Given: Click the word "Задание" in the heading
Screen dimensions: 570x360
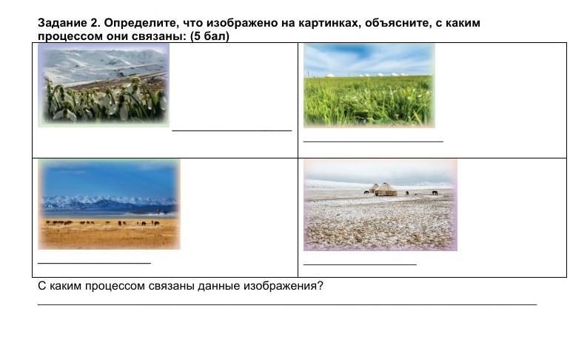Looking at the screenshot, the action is tap(62, 23).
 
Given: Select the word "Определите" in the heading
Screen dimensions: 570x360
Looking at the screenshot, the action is tap(142, 23).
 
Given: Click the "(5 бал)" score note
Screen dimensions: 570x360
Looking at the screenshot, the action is tap(209, 36).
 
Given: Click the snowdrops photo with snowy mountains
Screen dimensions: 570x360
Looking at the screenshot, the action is tap(104, 85).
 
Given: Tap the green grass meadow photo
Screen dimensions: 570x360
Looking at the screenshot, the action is tap(369, 86).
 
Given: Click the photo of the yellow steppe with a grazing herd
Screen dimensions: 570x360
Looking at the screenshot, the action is tap(109, 204).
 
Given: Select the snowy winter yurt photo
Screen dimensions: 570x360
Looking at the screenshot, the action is tap(380, 205).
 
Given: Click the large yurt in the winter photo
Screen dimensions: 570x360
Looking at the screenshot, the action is tap(386, 190).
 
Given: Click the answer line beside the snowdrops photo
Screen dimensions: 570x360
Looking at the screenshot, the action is tap(232, 130).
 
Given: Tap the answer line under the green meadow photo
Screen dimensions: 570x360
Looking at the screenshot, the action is tap(373, 141).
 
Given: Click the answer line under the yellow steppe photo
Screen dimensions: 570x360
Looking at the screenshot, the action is tap(95, 262).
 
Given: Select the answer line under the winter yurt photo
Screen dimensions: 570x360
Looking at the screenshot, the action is tap(360, 264).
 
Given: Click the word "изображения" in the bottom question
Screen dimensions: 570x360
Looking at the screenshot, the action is tap(284, 286).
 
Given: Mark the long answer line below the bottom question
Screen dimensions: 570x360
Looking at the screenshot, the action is tap(287, 304).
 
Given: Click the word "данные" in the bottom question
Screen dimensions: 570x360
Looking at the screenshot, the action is tap(219, 286).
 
